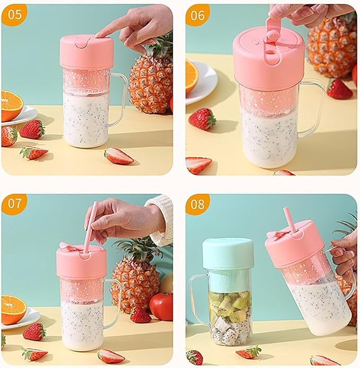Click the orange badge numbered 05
(14, 14)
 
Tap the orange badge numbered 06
(197, 15)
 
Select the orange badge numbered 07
(14, 203)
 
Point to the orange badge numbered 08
(197, 204)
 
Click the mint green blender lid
(228, 254)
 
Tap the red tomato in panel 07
(161, 307)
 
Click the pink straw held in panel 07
(90, 227)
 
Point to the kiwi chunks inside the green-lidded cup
(229, 304)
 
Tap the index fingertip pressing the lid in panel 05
(100, 35)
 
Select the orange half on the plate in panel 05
(12, 105)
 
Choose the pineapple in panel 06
(332, 47)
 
